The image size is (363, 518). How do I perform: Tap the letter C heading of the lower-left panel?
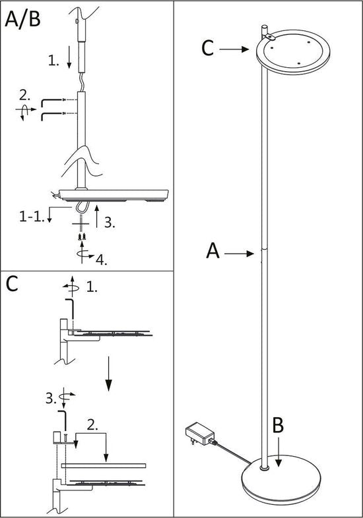13,284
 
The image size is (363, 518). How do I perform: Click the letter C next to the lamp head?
209,48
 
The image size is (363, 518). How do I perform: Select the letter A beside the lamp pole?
213,251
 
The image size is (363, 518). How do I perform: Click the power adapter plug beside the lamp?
199,436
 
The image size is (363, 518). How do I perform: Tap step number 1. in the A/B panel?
53,61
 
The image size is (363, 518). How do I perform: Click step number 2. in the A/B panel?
24,94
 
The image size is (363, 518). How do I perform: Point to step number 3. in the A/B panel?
110,223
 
